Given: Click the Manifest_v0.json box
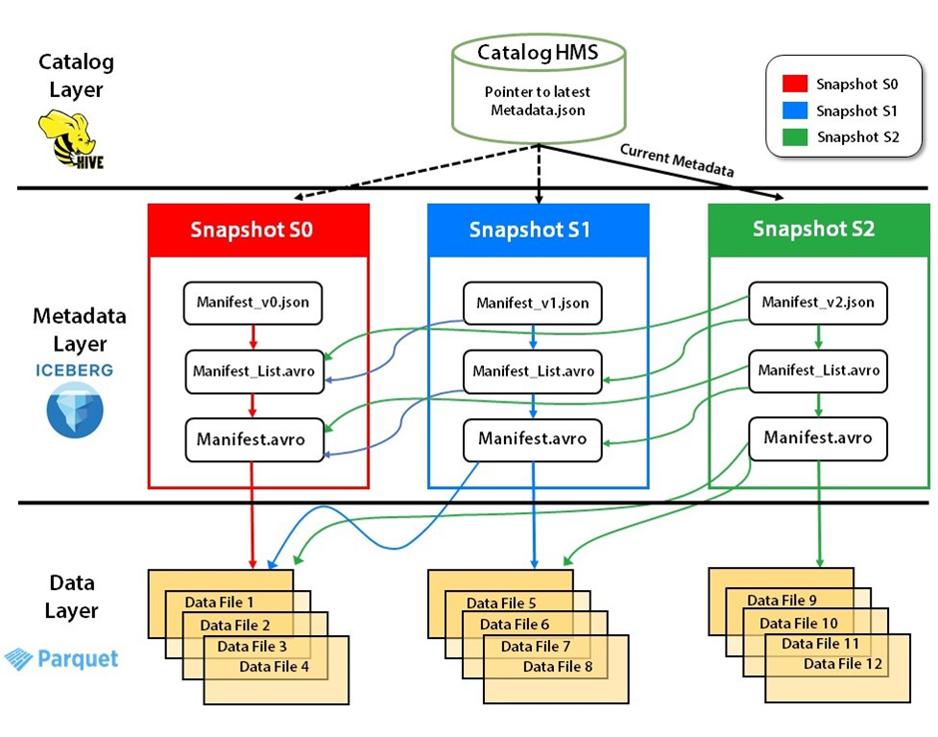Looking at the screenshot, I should pos(252,303).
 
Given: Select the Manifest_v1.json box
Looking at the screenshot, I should pos(532,303).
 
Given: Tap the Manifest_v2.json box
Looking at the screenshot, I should pos(817,302).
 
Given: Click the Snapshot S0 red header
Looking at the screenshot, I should pos(252,230).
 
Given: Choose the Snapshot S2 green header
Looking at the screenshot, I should pos(813,229).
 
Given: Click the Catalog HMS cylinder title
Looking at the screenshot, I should pos(538,52).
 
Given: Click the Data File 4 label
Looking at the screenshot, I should pos(274,667).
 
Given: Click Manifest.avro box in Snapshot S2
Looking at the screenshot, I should pos(817,437).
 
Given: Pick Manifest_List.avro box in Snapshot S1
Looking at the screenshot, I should pos(532,370).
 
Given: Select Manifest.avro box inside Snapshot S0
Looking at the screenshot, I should pos(252,439).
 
